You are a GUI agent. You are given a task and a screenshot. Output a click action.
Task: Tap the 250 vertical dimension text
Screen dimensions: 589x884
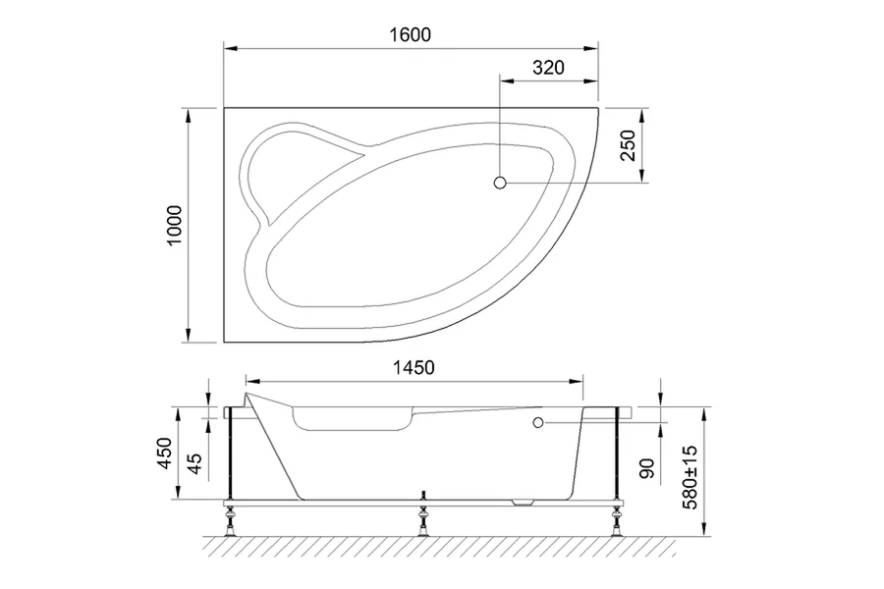pyautogui.click(x=630, y=145)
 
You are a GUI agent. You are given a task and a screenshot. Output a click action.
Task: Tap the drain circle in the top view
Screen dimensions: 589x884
pyautogui.click(x=499, y=183)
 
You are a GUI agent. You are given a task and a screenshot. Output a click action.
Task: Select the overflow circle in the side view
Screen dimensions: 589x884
pyautogui.click(x=537, y=423)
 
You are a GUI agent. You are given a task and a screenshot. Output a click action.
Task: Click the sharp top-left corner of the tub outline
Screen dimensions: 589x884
pyautogui.click(x=225, y=107)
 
